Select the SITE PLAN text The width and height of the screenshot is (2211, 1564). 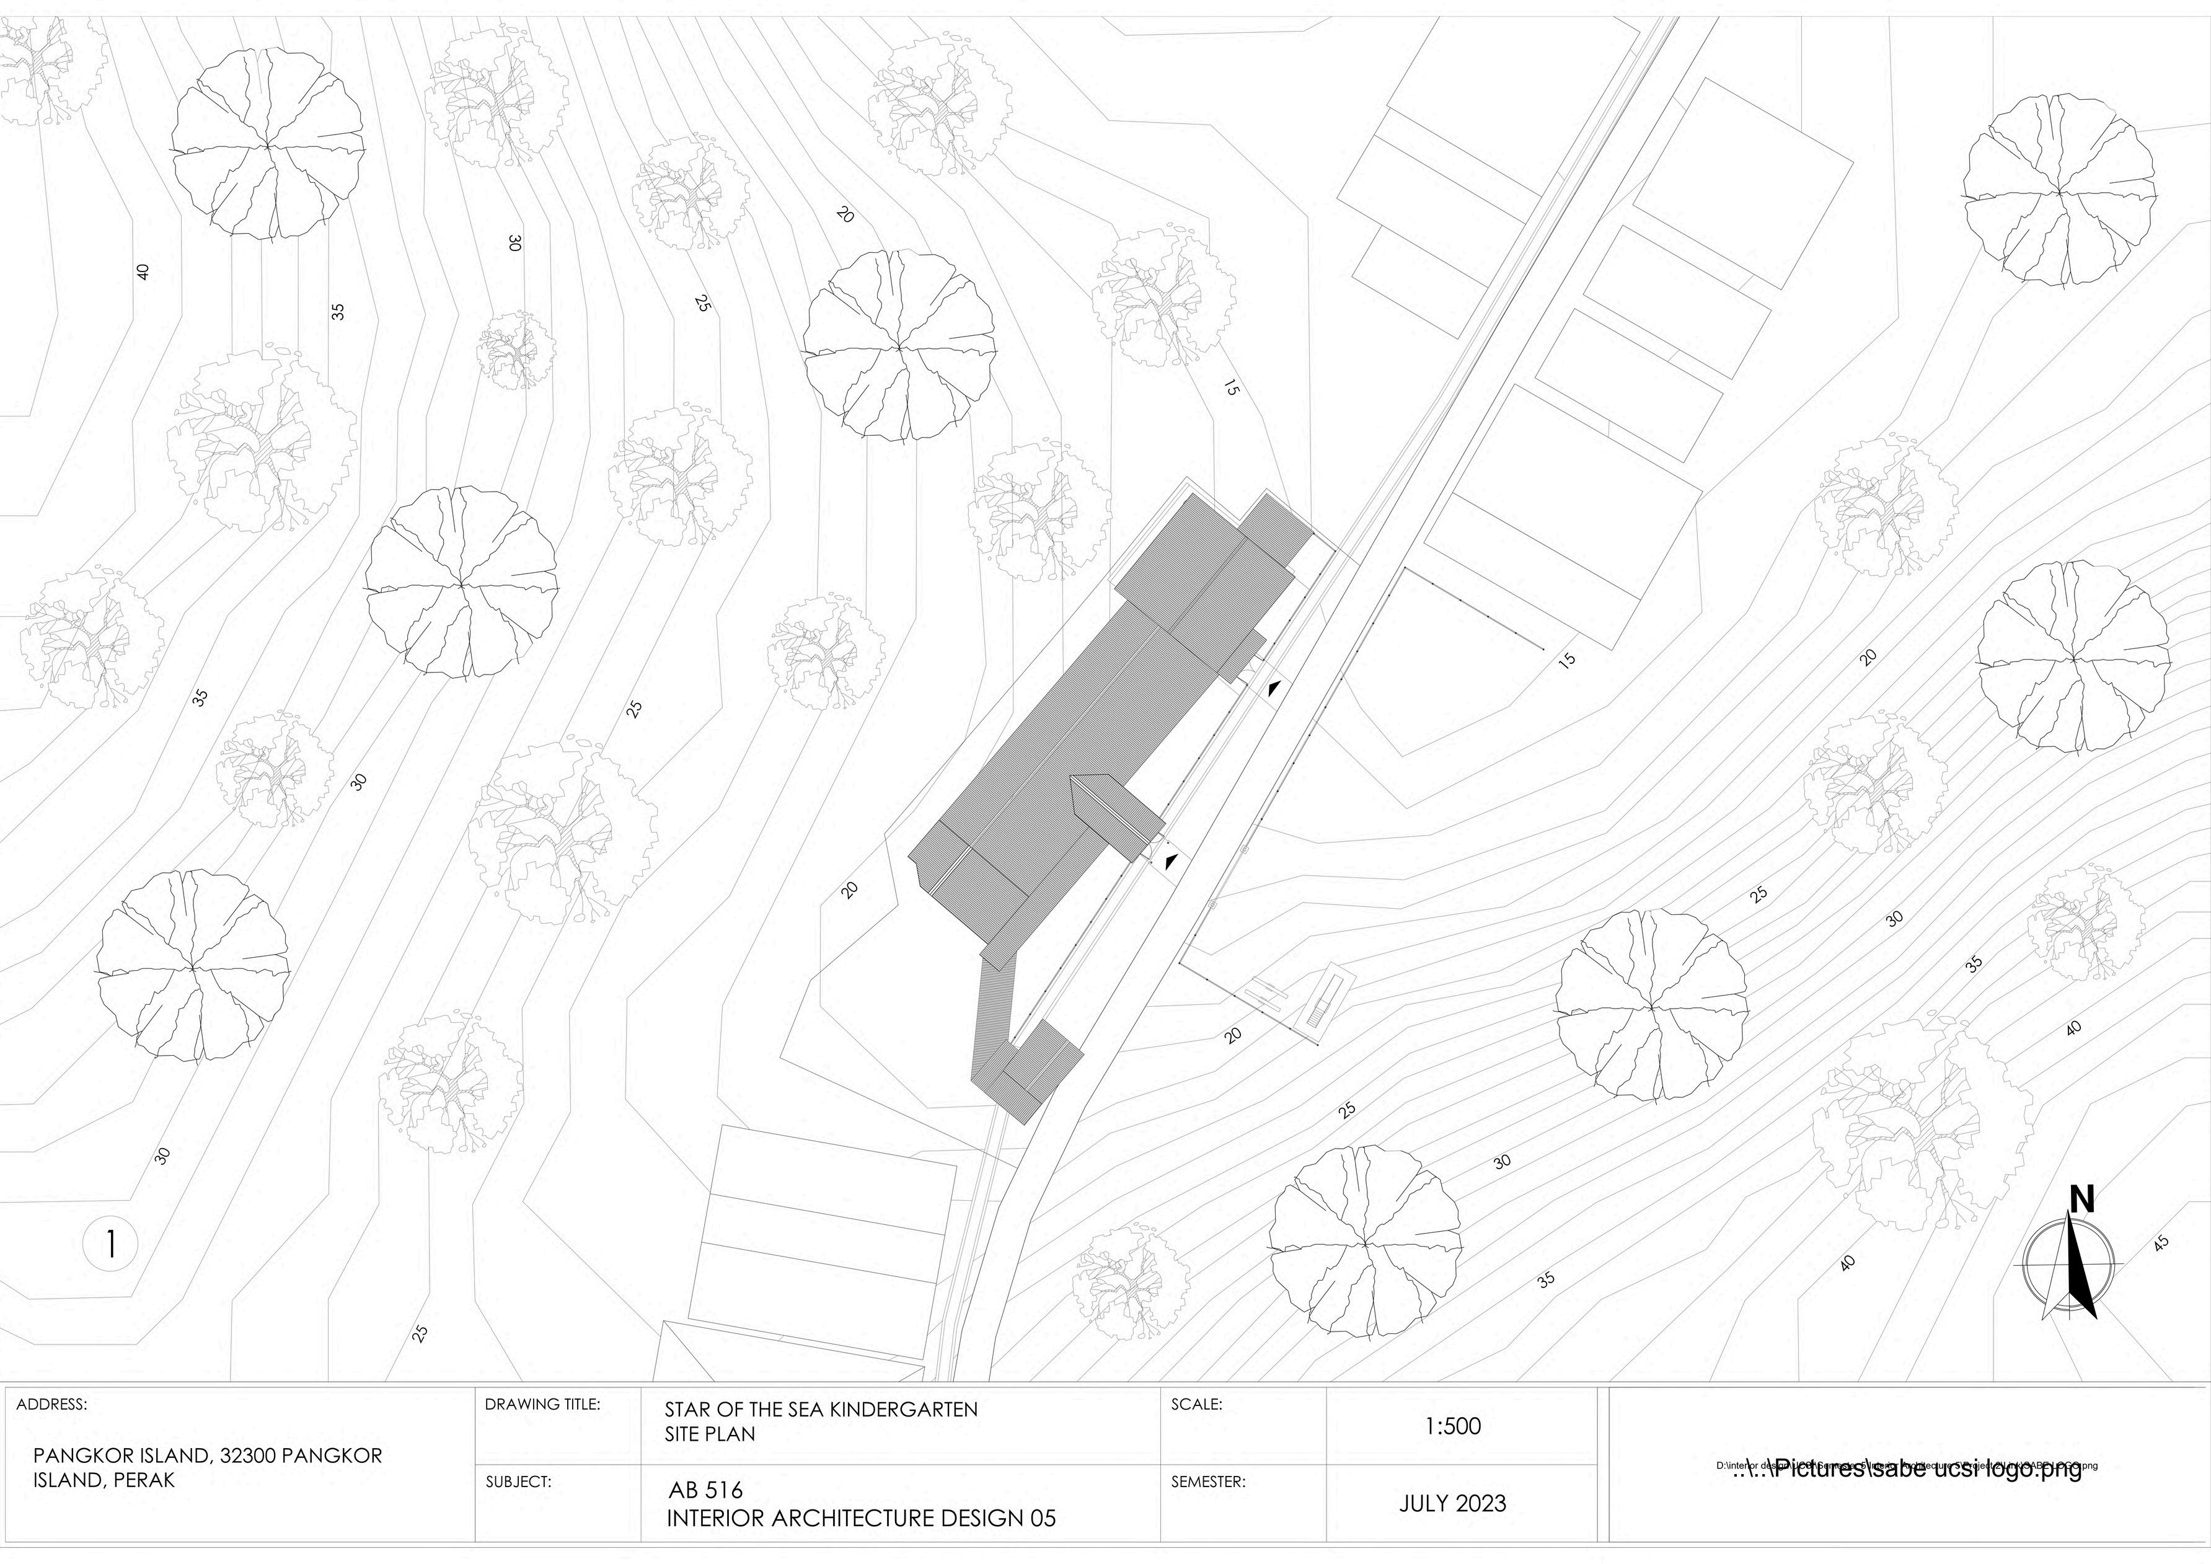point(710,1433)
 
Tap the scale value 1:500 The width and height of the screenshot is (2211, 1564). point(1452,1426)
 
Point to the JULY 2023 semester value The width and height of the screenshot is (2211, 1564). point(1452,1503)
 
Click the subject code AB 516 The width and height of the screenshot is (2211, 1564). point(706,1491)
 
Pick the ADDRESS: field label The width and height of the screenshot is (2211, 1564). point(52,1404)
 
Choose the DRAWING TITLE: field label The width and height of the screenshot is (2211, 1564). point(543,1404)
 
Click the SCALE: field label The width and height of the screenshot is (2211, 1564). point(1196,1404)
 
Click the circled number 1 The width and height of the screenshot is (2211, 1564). point(112,1245)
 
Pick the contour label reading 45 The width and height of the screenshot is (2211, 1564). point(2161,1244)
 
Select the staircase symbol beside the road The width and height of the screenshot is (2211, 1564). point(1322,1004)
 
